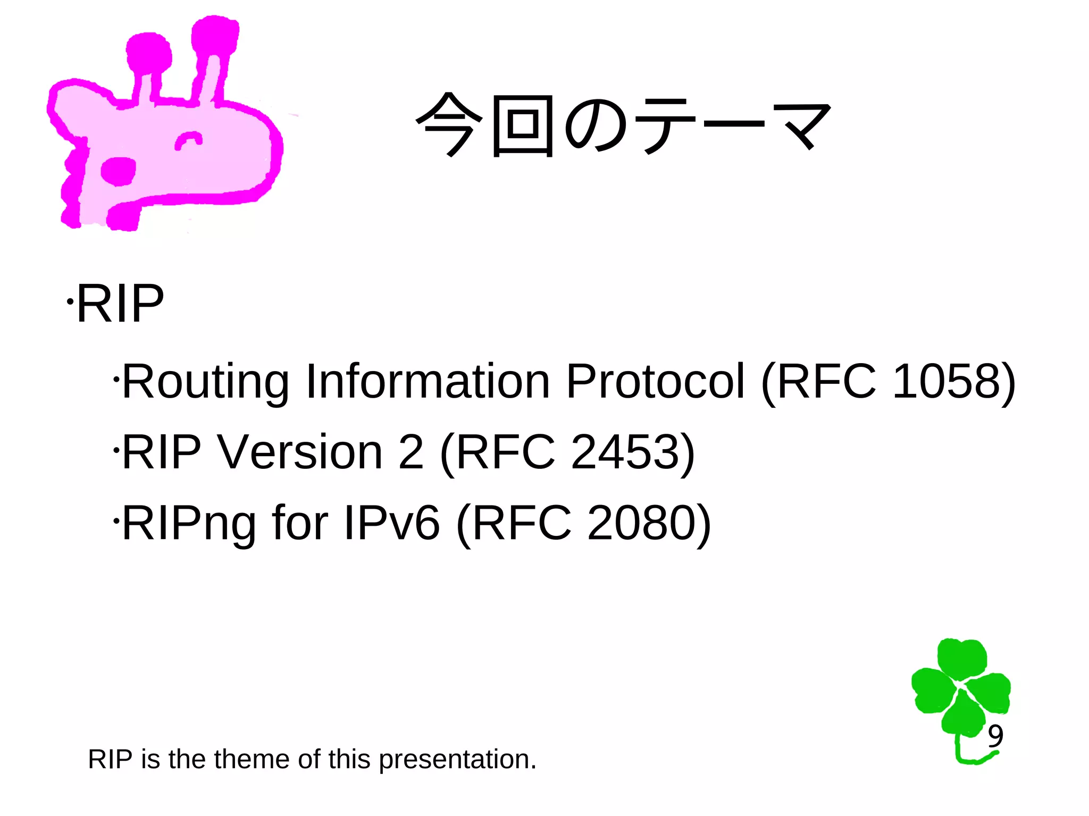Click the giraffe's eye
[x=188, y=141]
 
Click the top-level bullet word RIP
[x=120, y=304]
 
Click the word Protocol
[x=655, y=381]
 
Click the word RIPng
[x=189, y=523]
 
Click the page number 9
[x=995, y=736]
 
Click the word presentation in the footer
[x=457, y=759]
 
